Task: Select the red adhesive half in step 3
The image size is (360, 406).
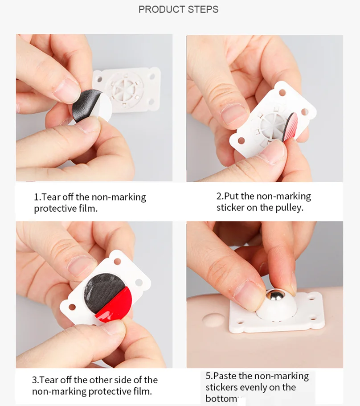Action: [115, 304]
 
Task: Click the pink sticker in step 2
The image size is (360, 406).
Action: [290, 127]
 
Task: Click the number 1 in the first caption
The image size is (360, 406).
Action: [36, 197]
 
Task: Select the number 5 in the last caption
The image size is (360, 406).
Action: [208, 376]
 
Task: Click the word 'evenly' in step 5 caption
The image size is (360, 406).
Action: [261, 387]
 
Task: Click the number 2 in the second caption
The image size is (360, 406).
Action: [219, 196]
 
